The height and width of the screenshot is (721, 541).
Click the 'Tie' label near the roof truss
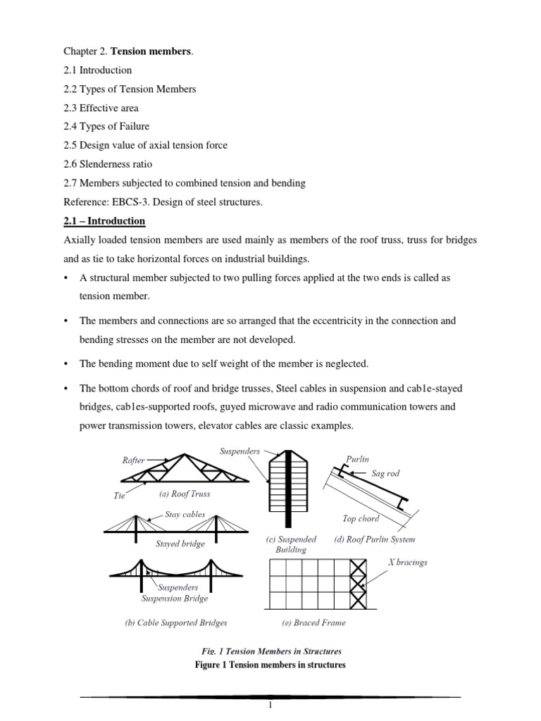click(119, 496)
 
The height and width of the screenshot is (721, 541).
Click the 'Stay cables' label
click(185, 515)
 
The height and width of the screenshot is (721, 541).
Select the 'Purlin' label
click(357, 458)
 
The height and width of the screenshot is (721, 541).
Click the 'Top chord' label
click(361, 519)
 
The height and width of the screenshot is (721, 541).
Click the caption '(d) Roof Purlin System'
click(375, 539)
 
